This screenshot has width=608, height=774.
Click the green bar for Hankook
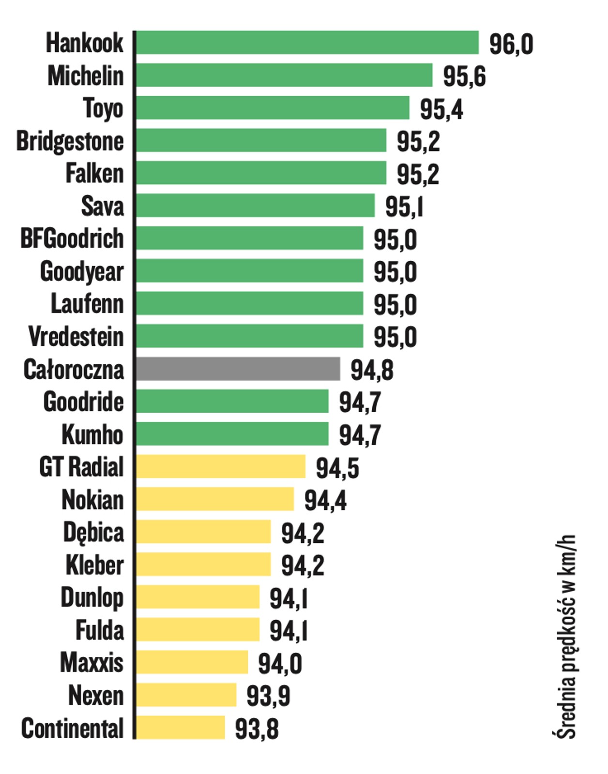tap(307, 43)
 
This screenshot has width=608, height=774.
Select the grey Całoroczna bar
tap(238, 369)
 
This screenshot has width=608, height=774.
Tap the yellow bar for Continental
tap(180, 728)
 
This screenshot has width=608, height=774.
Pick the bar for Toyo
tap(273, 108)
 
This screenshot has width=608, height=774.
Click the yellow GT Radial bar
tap(221, 467)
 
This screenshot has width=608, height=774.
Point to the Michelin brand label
tap(86, 76)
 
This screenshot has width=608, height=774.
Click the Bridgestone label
tap(70, 141)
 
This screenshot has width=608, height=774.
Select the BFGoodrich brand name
tap(72, 239)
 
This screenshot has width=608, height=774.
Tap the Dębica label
tap(93, 533)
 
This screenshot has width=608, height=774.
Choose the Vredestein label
tap(76, 337)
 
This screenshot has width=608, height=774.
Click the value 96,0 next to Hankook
tap(511, 44)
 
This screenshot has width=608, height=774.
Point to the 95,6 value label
tap(464, 76)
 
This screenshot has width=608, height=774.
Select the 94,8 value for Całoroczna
tap(372, 370)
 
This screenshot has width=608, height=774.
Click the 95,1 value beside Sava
tap(404, 207)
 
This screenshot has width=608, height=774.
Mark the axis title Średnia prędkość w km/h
tap(564, 636)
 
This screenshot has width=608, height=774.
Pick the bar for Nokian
tap(215, 499)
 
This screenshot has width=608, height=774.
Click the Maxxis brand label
tap(92, 663)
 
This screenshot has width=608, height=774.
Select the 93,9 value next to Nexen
tap(268, 696)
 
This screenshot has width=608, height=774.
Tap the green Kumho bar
tap(232, 434)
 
